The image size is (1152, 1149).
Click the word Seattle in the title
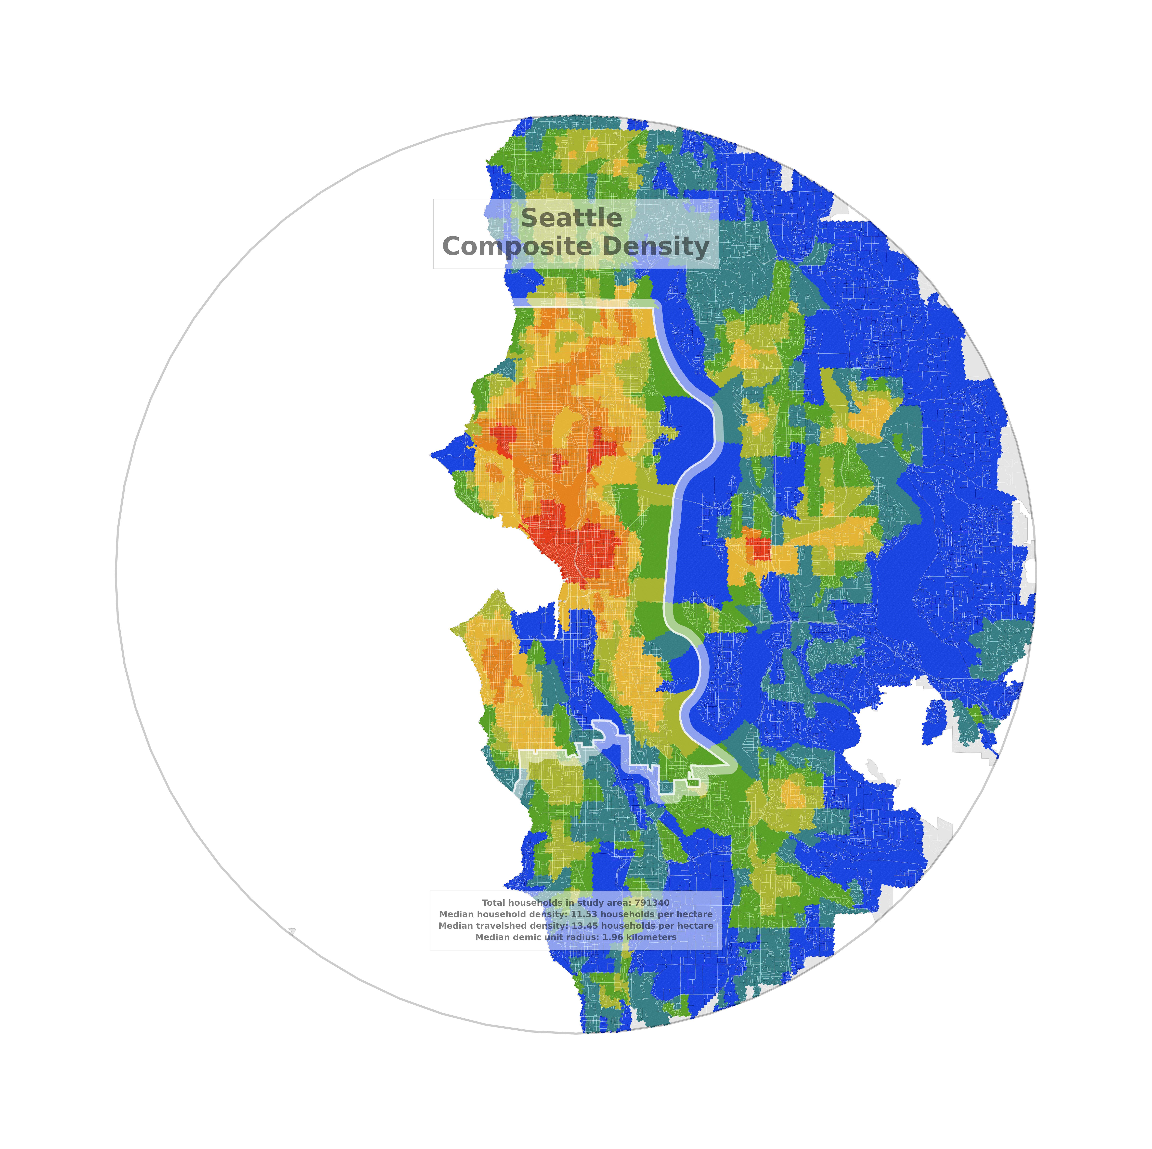571,218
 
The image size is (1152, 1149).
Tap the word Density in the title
655,246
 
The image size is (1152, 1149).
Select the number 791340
652,903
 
